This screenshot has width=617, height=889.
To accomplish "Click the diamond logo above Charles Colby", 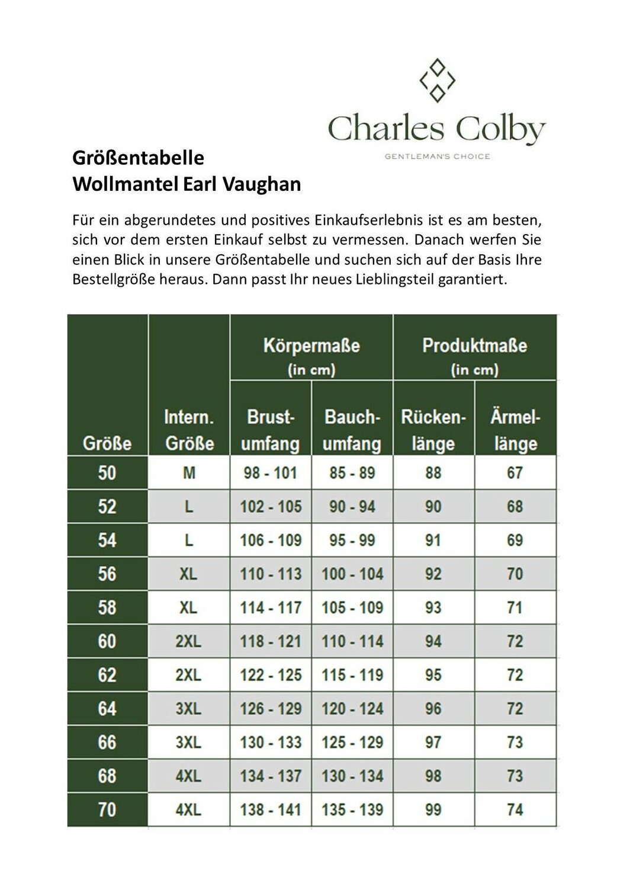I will point(437,80).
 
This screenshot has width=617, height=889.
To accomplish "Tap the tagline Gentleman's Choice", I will point(437,156).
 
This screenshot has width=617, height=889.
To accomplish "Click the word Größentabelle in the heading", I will point(138,158).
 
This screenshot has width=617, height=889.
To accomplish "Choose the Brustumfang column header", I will point(270,430).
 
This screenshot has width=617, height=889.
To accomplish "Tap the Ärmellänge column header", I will point(515,430).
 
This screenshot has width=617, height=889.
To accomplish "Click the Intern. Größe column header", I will point(189,430).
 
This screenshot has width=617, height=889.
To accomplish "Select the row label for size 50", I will point(107,473).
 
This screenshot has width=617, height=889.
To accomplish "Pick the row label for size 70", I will point(107,810).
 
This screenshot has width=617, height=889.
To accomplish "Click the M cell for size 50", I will point(189,473).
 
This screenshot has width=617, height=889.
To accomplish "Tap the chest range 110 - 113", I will point(271,574).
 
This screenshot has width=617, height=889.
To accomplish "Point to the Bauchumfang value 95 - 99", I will point(352,540).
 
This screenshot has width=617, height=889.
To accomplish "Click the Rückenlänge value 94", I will point(433,641).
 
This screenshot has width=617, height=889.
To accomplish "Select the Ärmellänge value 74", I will point(515,810).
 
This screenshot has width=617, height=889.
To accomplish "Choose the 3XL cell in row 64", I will point(189,708).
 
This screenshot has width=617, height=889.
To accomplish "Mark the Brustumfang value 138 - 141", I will point(271,810).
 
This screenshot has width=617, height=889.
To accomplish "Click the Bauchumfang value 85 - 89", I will point(352,473).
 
